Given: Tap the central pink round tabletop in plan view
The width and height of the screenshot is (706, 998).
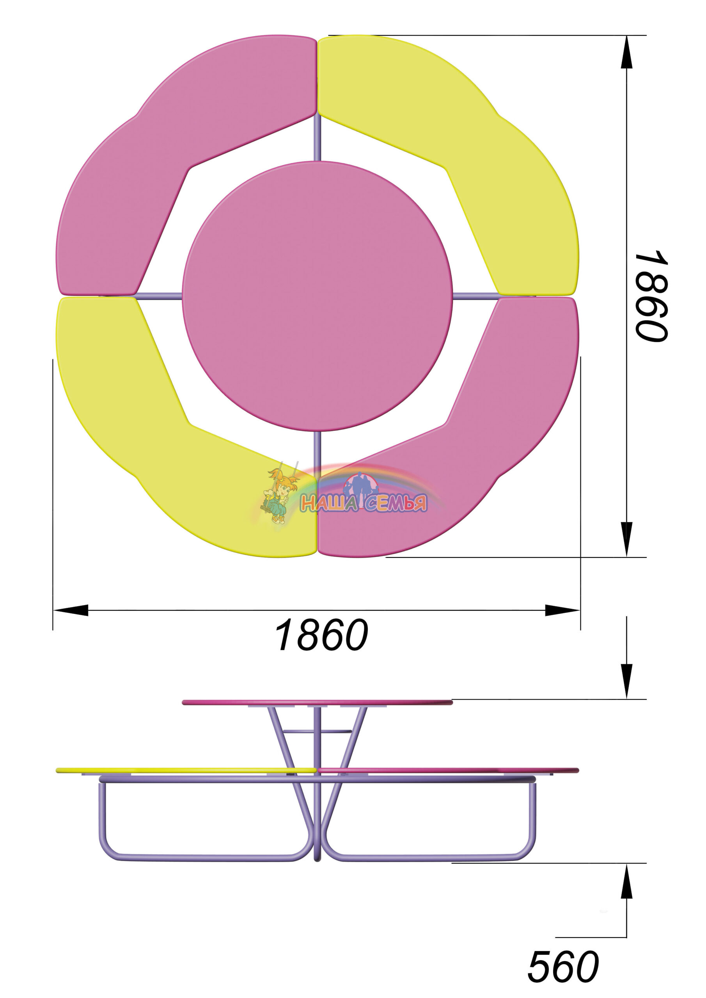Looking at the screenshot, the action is coord(318,296).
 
